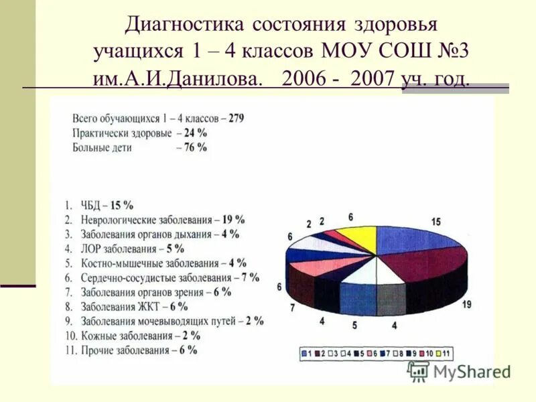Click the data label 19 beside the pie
[x=466, y=305]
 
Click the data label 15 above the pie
[x=435, y=222]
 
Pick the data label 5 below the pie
[x=355, y=326]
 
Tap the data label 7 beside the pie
[x=292, y=308]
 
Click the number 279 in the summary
[x=236, y=118]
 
